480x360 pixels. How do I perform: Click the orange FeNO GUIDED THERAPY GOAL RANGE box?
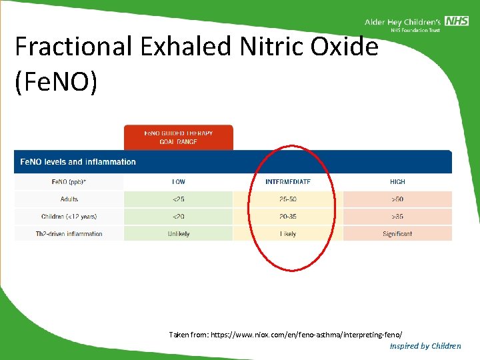(x=179, y=137)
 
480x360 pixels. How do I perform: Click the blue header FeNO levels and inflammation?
(x=78, y=162)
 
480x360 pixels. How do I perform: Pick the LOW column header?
(x=179, y=181)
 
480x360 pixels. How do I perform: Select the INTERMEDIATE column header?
(x=287, y=181)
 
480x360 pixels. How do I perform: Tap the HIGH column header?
(x=397, y=181)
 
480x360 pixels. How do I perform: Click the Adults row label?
(x=69, y=199)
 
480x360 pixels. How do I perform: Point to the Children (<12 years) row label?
(x=69, y=216)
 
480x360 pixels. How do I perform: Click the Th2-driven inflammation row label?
(x=69, y=234)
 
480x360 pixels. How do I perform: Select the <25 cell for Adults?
(x=179, y=199)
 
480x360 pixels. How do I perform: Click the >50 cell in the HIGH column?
(x=397, y=199)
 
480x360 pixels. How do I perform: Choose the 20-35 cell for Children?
(x=288, y=216)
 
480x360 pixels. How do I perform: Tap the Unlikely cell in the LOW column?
(x=179, y=234)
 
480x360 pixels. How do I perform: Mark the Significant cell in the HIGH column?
(x=397, y=234)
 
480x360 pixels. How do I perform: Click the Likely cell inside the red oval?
(x=288, y=234)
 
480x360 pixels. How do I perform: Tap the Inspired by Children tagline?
(x=425, y=345)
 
